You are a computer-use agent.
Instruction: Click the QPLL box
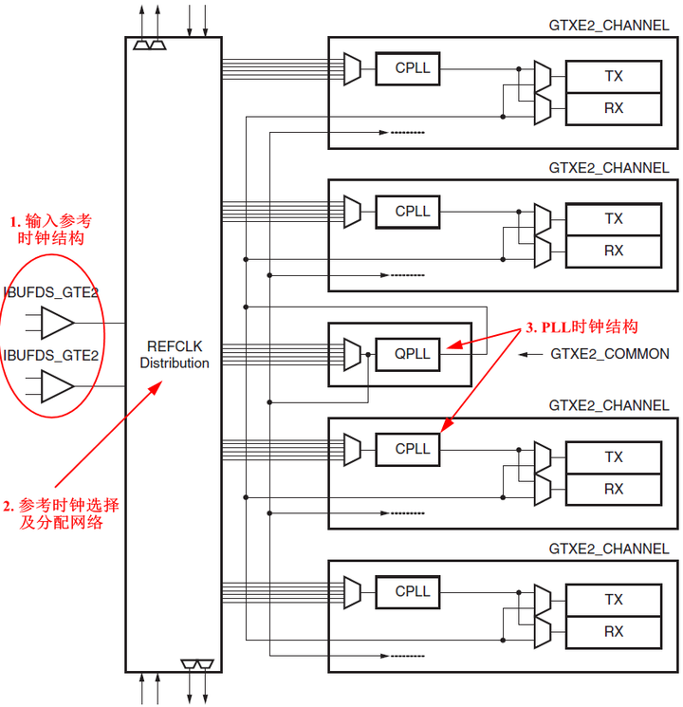tap(413, 354)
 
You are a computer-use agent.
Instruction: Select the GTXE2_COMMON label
tap(610, 354)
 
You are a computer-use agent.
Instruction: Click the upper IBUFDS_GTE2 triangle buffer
tap(58, 323)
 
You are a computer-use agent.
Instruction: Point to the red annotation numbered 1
tap(53, 229)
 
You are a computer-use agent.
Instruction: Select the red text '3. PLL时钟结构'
tap(575, 327)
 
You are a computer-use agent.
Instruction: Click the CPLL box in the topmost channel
tap(413, 68)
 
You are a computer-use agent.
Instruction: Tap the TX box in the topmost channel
tap(614, 76)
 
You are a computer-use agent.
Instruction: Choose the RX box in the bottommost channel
tap(614, 631)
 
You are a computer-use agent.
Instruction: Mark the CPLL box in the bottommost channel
tap(413, 591)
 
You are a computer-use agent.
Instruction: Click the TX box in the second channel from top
tap(614, 218)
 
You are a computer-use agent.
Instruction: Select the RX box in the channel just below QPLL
tap(614, 489)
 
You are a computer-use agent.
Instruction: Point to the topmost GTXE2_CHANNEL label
tap(609, 26)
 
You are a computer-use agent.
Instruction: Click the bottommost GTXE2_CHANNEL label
tap(609, 549)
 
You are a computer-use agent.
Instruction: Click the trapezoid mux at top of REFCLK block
tap(151, 45)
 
